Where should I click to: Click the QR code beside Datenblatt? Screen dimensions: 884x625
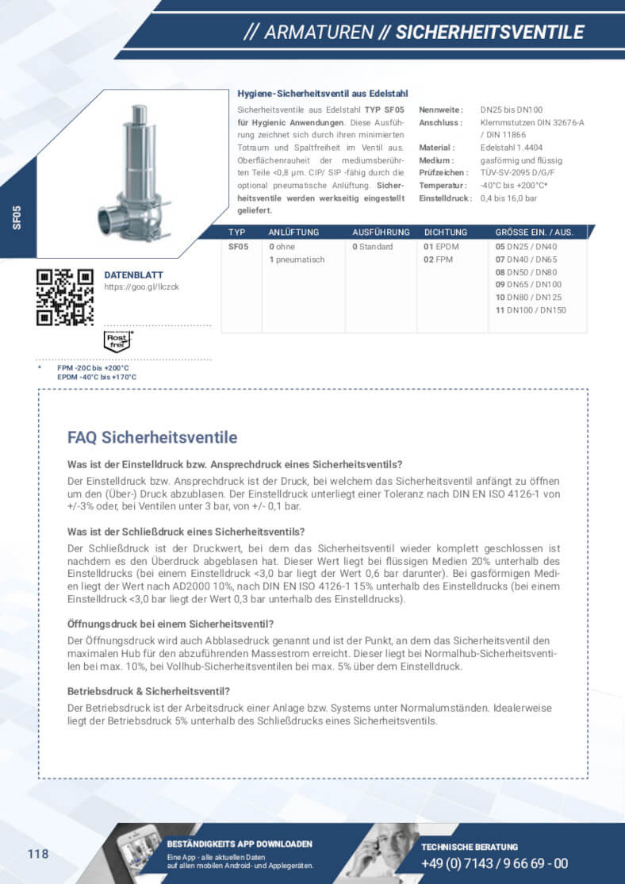tap(65, 297)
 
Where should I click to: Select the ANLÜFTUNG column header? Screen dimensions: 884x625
tap(293, 233)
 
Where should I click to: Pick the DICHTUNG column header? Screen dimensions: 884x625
tap(445, 233)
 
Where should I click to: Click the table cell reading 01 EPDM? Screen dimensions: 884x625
tap(441, 247)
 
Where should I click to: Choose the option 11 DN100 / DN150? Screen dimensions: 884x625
tap(531, 310)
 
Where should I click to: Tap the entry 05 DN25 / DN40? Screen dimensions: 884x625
tap(526, 247)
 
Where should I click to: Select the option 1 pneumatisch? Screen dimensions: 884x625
tap(297, 259)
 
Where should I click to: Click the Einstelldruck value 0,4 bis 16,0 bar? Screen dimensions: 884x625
tap(508, 198)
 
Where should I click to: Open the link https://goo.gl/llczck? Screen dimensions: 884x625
tap(141, 286)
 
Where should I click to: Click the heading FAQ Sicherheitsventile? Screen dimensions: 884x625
tap(152, 437)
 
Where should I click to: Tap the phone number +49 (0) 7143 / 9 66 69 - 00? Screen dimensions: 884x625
tap(494, 864)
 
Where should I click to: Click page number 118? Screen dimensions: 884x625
tap(38, 854)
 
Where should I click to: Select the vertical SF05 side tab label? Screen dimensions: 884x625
tap(17, 217)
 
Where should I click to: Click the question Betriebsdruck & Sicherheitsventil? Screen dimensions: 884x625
tap(149, 691)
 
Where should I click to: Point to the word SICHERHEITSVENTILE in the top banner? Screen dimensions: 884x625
tap(489, 33)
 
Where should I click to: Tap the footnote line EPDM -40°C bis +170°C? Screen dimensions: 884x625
tap(96, 377)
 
